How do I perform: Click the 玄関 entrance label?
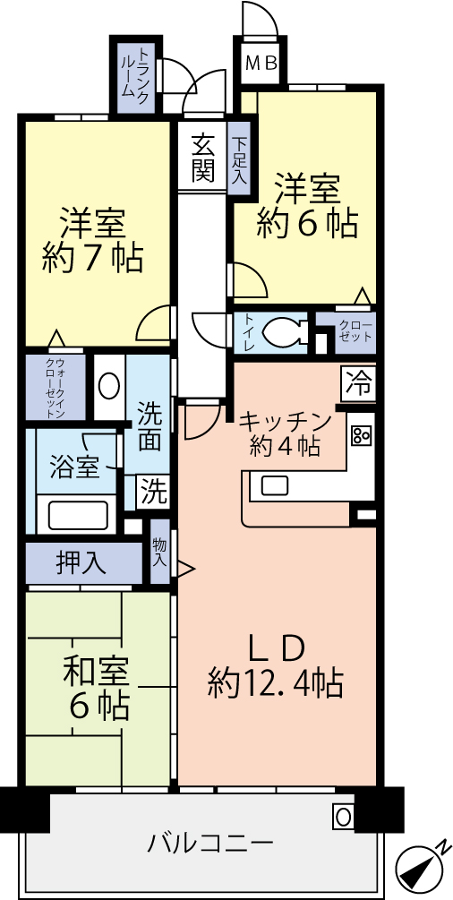(x=203, y=157)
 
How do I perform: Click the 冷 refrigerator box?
(x=359, y=384)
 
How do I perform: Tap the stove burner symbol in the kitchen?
(x=362, y=435)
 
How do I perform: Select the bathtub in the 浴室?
(x=78, y=514)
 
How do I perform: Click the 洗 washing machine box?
(x=153, y=492)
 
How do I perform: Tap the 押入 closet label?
(x=81, y=562)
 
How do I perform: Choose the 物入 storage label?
(x=160, y=552)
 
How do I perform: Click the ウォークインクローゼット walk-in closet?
(x=56, y=388)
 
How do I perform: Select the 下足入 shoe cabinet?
(x=239, y=160)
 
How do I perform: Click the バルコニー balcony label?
(x=210, y=843)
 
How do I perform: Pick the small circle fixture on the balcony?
(x=342, y=816)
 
